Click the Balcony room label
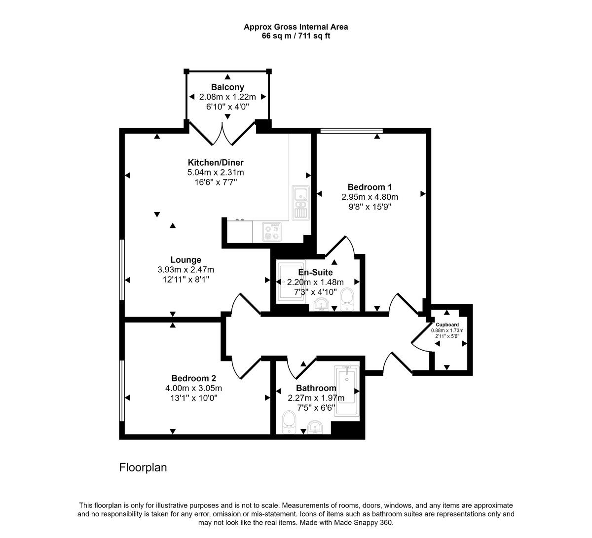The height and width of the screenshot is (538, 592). pyautogui.click(x=227, y=87)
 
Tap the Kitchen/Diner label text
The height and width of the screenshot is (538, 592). pyautogui.click(x=216, y=163)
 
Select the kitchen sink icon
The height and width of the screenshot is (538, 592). pyautogui.click(x=300, y=202)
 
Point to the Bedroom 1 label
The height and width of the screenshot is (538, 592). pyautogui.click(x=370, y=187)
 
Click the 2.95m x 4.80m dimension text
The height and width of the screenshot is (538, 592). pyautogui.click(x=370, y=197)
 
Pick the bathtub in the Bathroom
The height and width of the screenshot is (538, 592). pyautogui.click(x=348, y=391)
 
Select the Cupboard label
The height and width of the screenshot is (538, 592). pyautogui.click(x=447, y=324)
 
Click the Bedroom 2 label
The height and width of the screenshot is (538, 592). pyautogui.click(x=193, y=378)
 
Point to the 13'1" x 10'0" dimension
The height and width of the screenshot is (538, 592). pyautogui.click(x=193, y=397)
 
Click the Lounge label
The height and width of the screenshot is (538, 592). pyautogui.click(x=186, y=260)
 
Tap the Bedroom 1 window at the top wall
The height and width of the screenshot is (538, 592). pyautogui.click(x=351, y=131)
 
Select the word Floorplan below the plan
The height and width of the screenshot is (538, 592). pyautogui.click(x=143, y=467)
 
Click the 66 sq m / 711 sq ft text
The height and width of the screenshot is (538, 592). pyautogui.click(x=296, y=36)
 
